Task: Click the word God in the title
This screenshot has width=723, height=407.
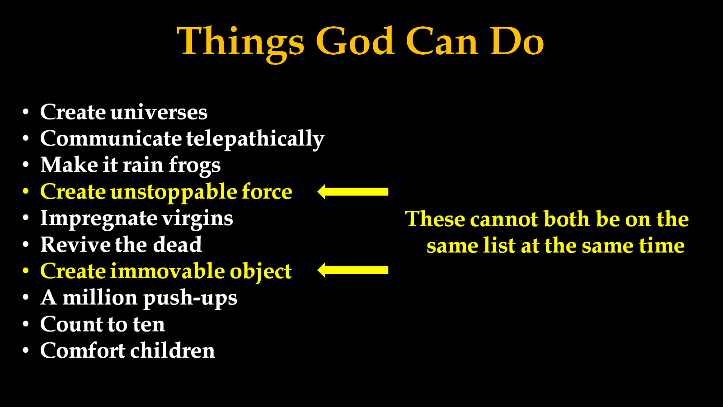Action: tap(355, 41)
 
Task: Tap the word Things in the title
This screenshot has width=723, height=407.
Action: tap(240, 44)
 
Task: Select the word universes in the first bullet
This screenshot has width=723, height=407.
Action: tap(159, 113)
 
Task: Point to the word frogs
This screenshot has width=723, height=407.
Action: tap(195, 166)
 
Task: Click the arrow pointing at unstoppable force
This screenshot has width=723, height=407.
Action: tap(353, 192)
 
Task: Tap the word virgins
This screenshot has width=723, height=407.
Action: tap(197, 219)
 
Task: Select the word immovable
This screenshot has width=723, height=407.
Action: tap(167, 271)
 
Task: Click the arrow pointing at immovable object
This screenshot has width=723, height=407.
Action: tap(353, 270)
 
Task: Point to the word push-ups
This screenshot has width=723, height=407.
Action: tap(190, 298)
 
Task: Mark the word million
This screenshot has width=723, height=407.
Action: tap(100, 297)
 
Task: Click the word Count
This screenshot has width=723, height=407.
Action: tap(68, 324)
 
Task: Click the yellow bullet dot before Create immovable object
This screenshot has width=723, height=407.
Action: tap(26, 271)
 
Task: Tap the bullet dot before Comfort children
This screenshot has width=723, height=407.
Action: tap(26, 350)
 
